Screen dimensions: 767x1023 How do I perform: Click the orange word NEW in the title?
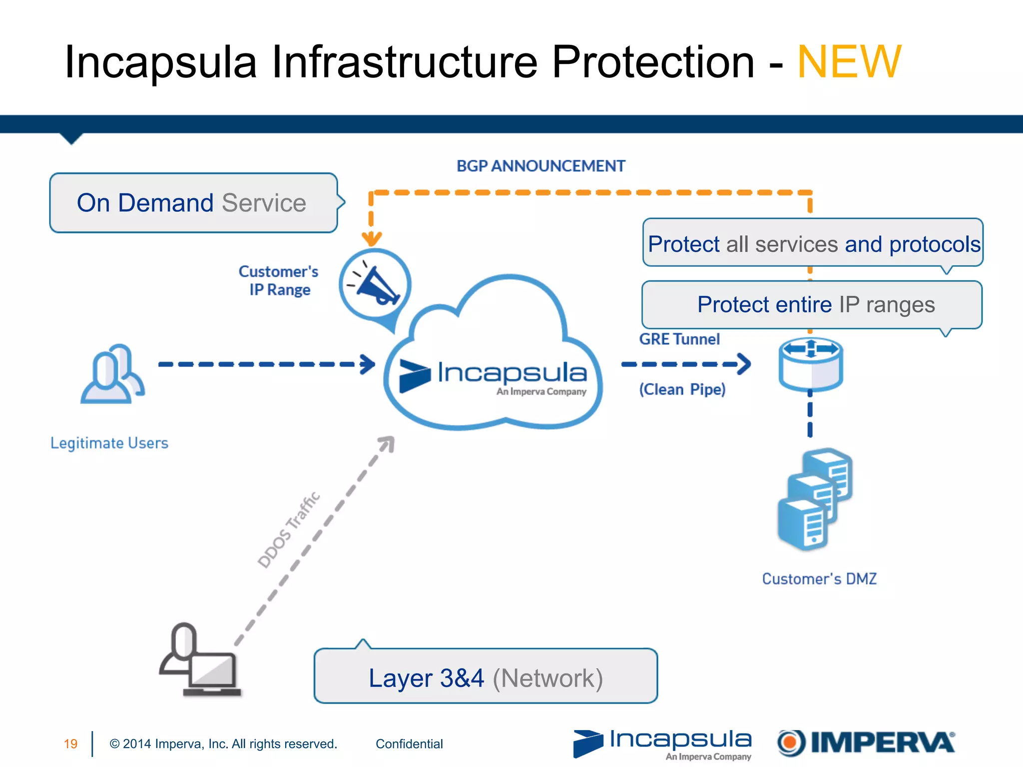pyautogui.click(x=849, y=62)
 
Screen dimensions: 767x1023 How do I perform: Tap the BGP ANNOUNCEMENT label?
pyautogui.click(x=540, y=166)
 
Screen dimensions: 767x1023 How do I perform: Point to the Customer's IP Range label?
pyautogui.click(x=279, y=281)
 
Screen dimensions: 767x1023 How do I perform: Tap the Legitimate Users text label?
pyautogui.click(x=109, y=443)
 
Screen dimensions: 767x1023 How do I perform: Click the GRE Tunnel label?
pyautogui.click(x=679, y=339)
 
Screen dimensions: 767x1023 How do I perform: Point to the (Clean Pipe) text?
pyautogui.click(x=682, y=389)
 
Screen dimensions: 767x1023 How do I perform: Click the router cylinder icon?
pyautogui.click(x=811, y=365)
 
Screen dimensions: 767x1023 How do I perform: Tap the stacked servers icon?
pyautogui.click(x=815, y=499)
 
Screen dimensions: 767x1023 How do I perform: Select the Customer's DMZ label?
pyautogui.click(x=819, y=579)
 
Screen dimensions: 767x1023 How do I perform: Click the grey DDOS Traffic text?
pyautogui.click(x=289, y=529)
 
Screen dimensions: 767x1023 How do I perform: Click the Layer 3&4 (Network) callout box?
pyautogui.click(x=486, y=677)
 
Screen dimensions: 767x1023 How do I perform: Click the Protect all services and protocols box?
pyautogui.click(x=813, y=243)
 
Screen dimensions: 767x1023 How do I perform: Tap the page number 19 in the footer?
pyautogui.click(x=70, y=744)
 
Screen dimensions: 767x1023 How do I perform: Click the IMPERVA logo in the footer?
pyautogui.click(x=866, y=743)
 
